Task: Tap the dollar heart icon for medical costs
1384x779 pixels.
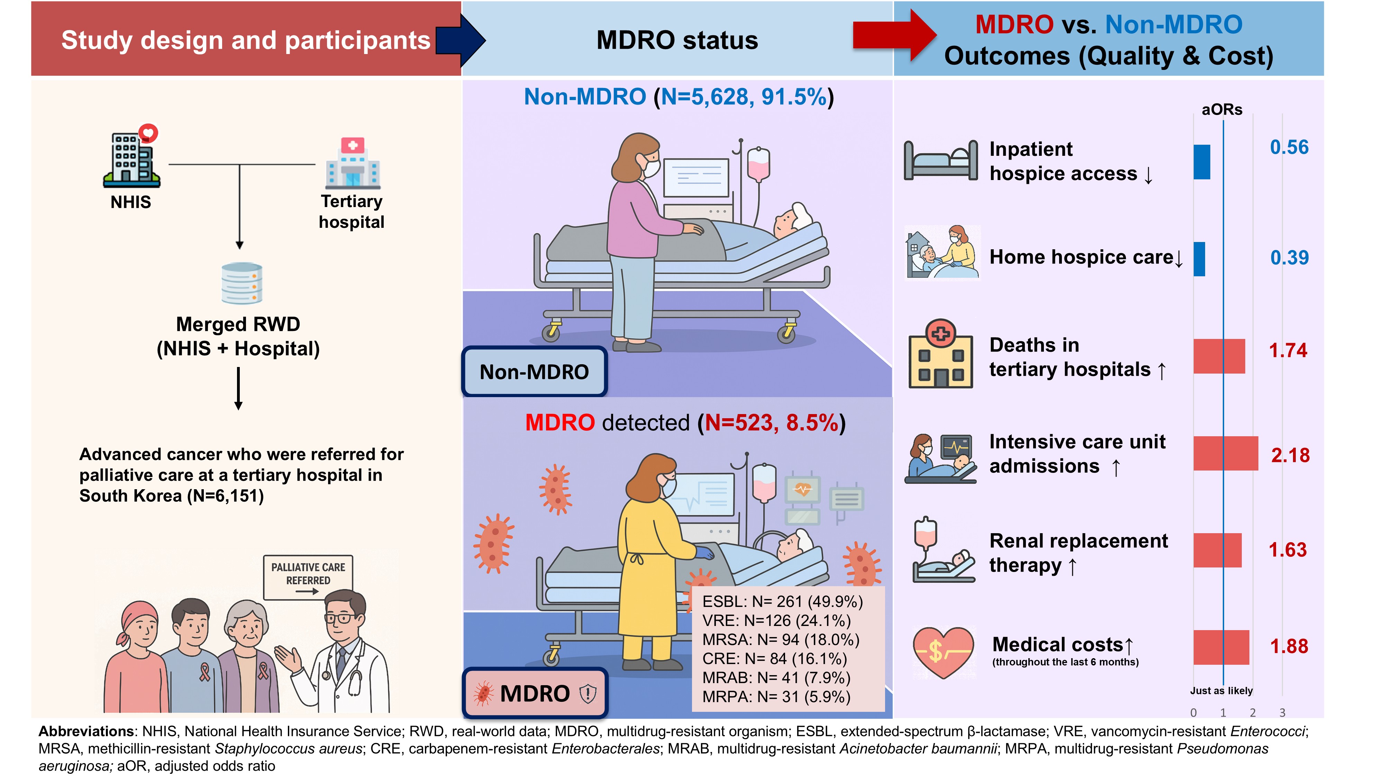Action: (943, 652)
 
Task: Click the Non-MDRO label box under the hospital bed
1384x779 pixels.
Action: (534, 371)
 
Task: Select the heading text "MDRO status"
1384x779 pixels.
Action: (677, 40)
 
